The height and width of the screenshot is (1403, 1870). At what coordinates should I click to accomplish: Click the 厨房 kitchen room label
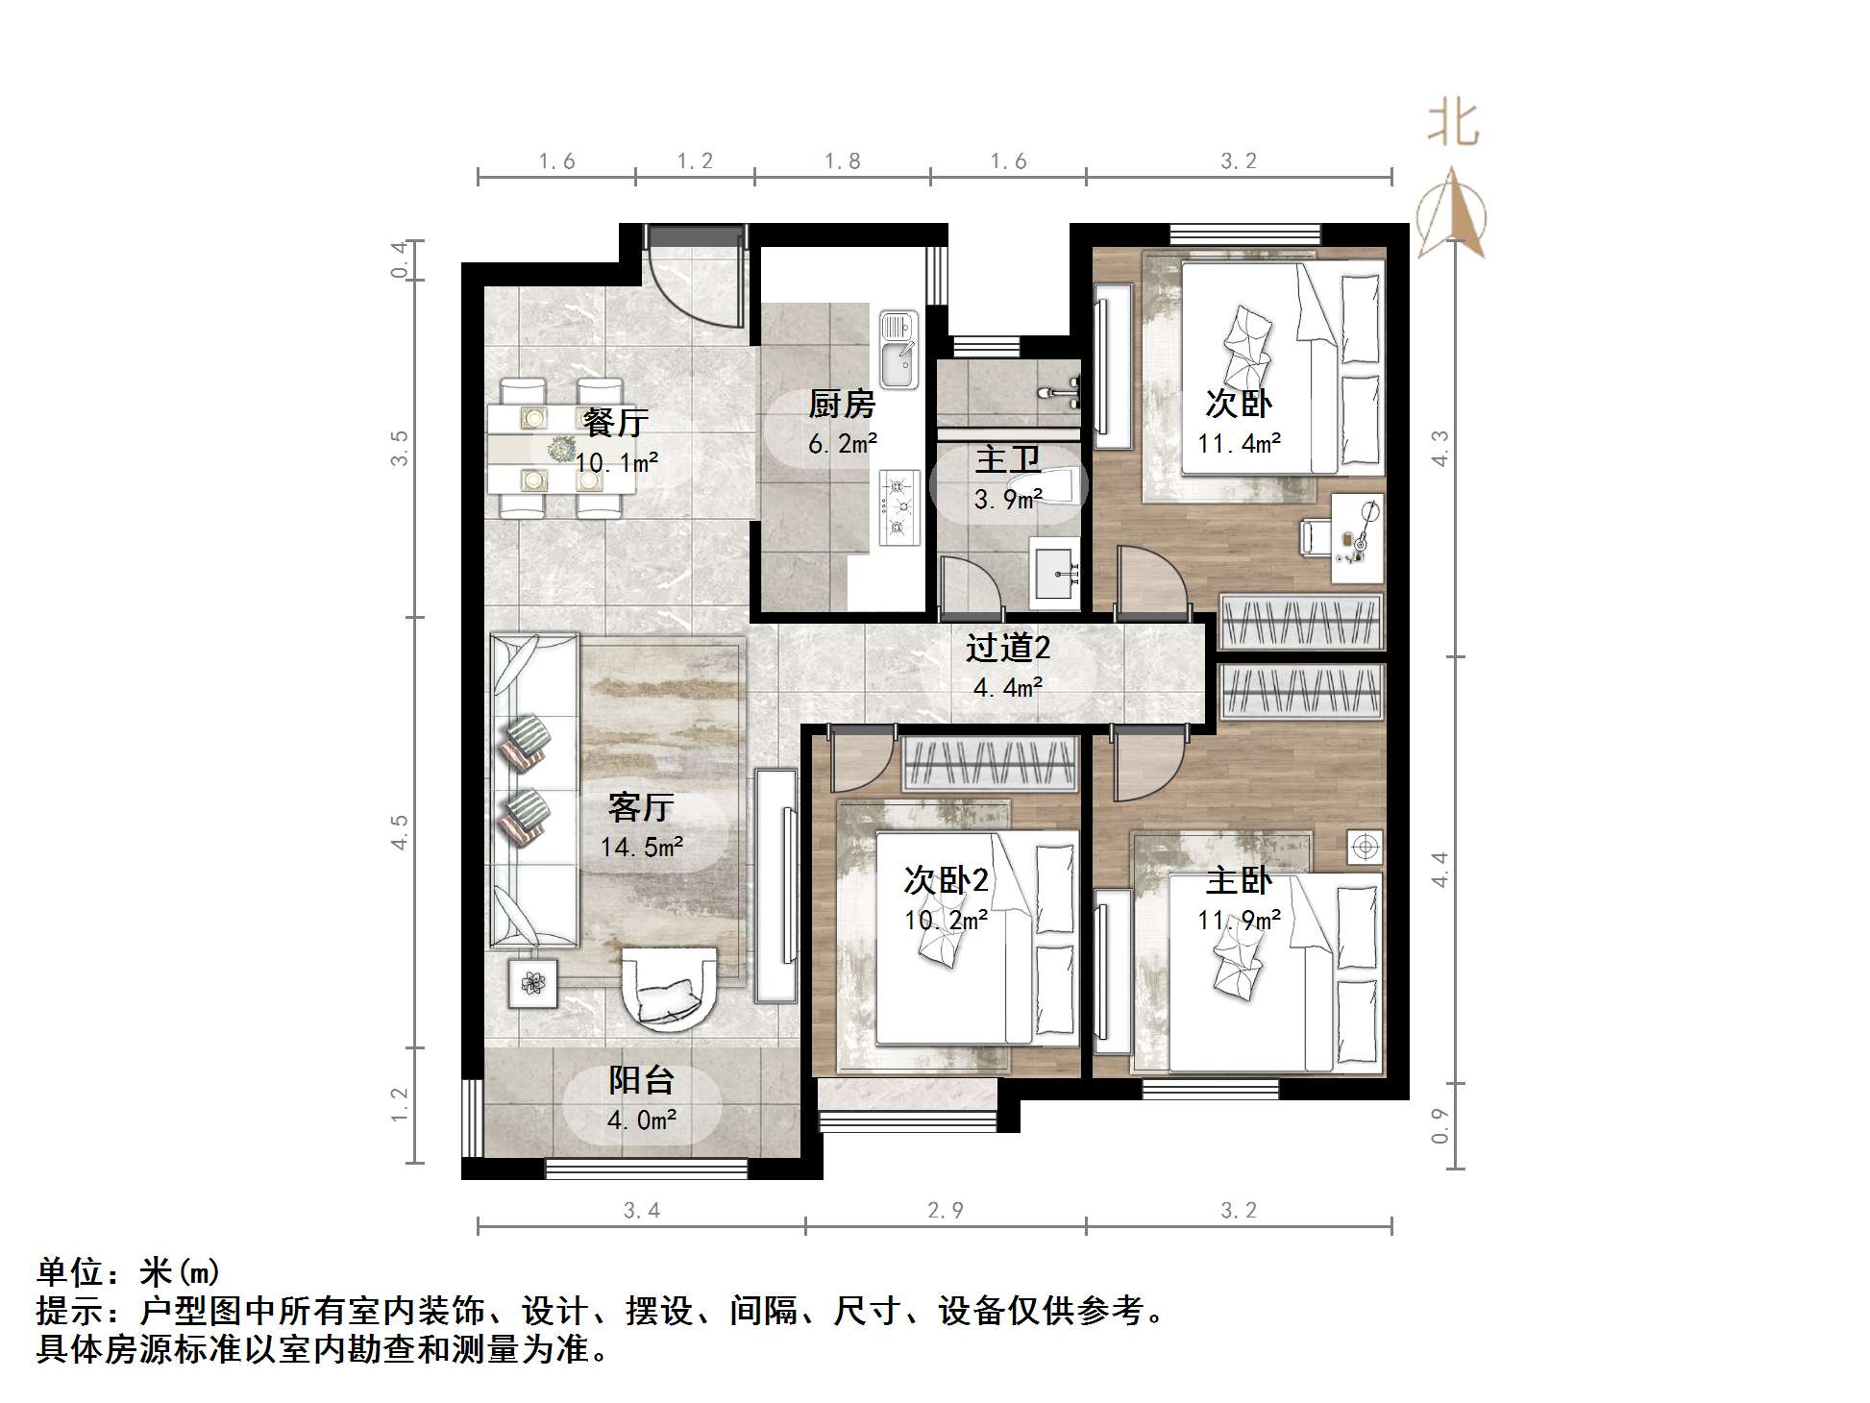841,404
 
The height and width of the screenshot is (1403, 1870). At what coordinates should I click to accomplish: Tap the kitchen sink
898,351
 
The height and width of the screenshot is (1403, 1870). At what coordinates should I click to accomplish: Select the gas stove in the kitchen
898,506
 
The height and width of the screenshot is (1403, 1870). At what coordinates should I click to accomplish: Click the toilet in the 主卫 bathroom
1057,485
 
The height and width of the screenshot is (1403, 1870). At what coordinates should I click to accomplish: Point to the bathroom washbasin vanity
1055,574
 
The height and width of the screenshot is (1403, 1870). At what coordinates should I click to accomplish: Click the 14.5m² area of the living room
641,847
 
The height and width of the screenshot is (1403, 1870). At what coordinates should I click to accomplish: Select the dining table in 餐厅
561,448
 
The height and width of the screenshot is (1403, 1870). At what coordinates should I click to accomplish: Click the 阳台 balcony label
641,1080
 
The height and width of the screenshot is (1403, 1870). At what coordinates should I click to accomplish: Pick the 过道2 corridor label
1007,648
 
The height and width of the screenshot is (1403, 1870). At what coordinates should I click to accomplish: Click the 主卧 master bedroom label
1238,880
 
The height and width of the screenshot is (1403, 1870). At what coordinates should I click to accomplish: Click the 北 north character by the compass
1452,125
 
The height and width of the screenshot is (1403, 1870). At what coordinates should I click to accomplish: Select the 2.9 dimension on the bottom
945,1210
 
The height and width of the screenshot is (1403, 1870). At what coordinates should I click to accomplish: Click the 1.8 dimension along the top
842,161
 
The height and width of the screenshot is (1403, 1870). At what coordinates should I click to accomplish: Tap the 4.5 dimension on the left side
399,831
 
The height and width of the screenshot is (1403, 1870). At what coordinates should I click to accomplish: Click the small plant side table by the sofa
532,983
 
